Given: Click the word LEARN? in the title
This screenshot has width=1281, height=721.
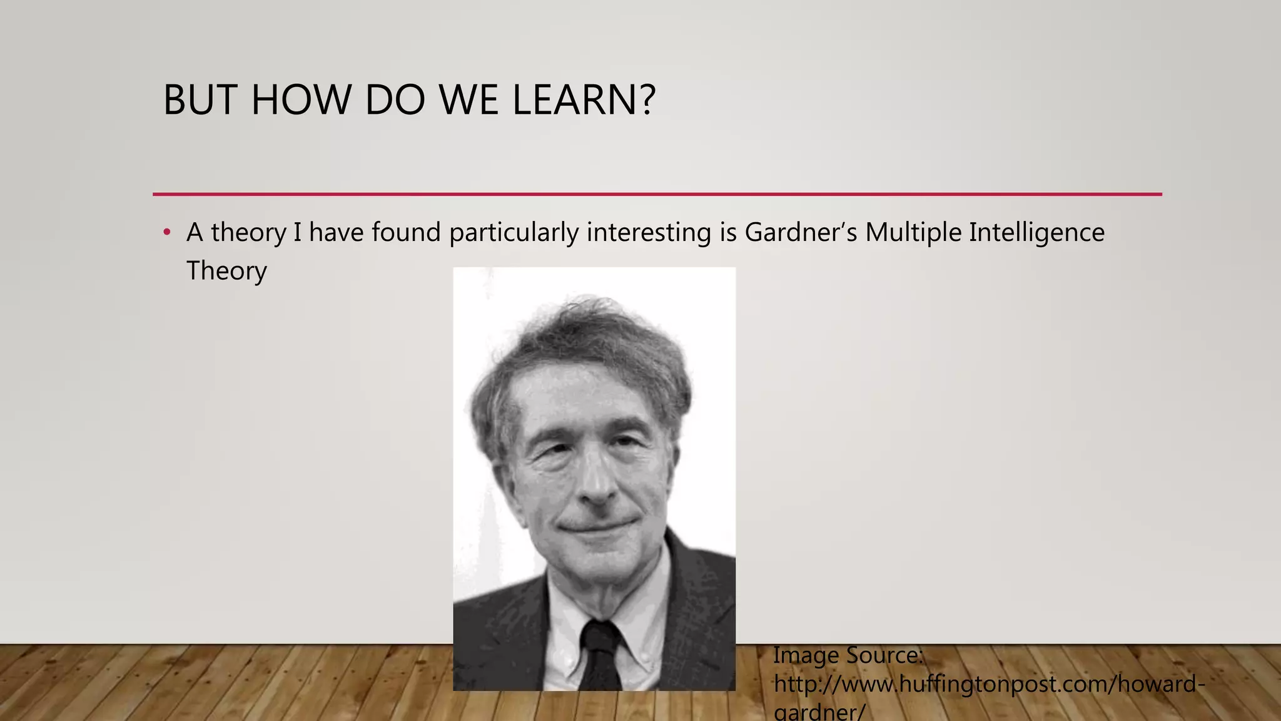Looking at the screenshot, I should pyautogui.click(x=584, y=100).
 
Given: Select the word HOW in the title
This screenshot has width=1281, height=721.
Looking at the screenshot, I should pyautogui.click(x=301, y=100).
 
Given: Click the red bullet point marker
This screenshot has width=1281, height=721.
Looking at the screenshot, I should pyautogui.click(x=166, y=233).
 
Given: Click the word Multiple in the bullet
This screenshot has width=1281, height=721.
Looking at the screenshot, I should pyautogui.click(x=913, y=233).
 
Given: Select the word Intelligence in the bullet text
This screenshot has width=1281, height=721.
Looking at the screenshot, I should pyautogui.click(x=1036, y=233).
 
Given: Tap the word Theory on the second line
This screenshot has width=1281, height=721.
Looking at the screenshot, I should pyautogui.click(x=226, y=271).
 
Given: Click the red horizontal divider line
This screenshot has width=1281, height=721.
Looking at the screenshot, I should pyautogui.click(x=657, y=195).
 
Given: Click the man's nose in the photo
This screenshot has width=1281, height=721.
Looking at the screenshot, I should pyautogui.click(x=595, y=485).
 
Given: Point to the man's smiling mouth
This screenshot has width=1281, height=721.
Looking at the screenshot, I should pyautogui.click(x=597, y=526).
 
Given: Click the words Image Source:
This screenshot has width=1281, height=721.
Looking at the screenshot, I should pyautogui.click(x=848, y=655).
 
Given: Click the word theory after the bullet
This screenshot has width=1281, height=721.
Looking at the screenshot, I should pyautogui.click(x=248, y=233).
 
